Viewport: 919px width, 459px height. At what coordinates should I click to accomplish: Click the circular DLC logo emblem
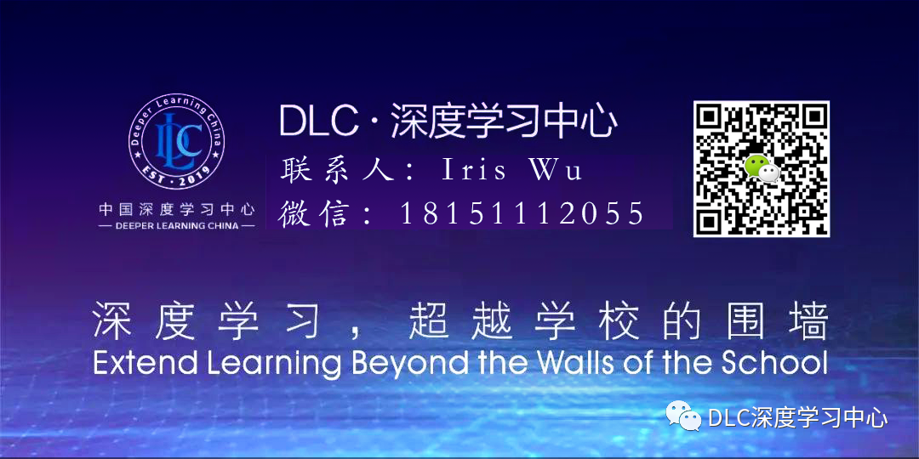point(176,142)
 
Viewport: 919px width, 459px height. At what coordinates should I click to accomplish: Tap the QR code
point(762,168)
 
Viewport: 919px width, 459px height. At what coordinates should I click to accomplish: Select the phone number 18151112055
point(522,213)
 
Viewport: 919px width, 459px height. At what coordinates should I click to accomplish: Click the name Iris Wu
point(512,170)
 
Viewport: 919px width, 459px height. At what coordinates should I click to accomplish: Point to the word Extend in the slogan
point(132,364)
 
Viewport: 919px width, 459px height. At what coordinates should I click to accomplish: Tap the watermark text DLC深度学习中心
point(797,418)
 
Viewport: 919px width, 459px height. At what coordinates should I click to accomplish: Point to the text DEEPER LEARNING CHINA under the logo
point(177,225)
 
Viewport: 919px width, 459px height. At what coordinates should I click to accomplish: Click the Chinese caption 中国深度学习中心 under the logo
point(177,209)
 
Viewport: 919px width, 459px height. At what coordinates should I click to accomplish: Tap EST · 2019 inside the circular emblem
point(176,174)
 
